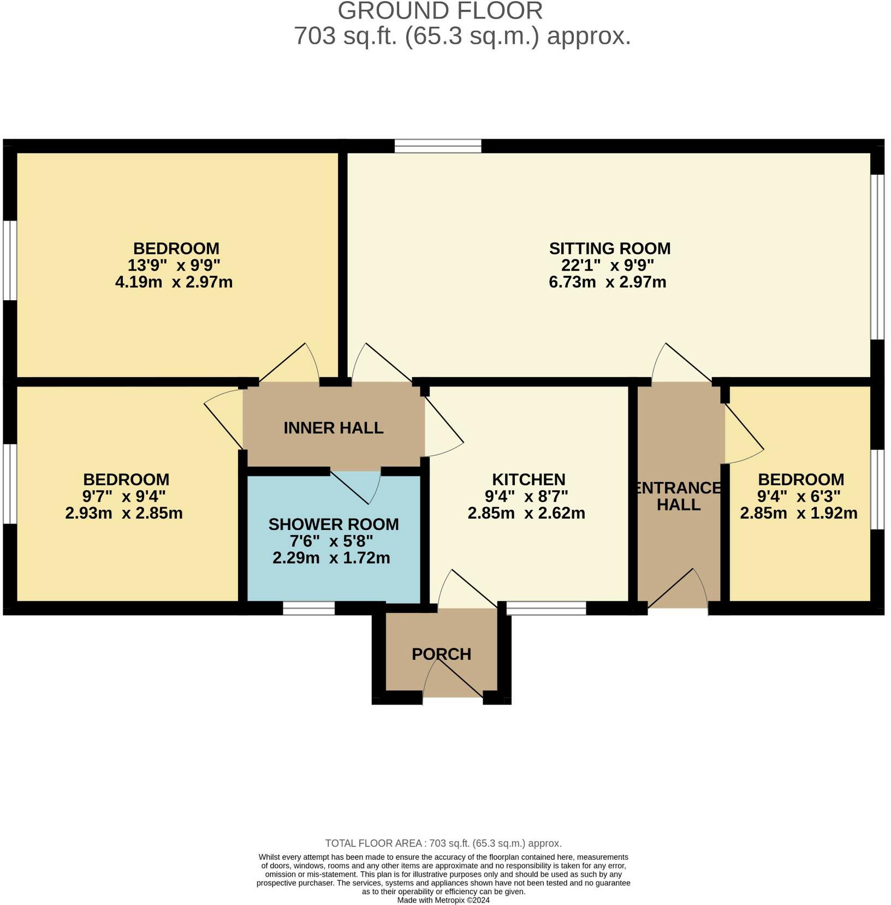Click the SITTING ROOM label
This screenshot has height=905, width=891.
point(609,248)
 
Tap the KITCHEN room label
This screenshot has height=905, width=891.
point(528,480)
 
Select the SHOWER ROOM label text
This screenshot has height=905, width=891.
point(333,525)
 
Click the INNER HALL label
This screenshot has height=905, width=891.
point(333,428)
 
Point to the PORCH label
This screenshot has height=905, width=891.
point(441,654)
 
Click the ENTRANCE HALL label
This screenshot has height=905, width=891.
point(679,496)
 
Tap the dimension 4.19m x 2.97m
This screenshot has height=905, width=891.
point(174,282)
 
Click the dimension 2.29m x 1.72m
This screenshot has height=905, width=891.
point(331,558)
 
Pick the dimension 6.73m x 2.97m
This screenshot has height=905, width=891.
point(607,282)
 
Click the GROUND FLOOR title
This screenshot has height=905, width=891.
point(440,11)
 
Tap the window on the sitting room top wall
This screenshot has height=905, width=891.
point(437,146)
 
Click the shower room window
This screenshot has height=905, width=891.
point(308,608)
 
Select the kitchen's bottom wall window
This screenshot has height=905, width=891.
point(546,608)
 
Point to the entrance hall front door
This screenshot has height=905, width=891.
point(678,590)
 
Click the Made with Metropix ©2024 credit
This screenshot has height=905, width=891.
point(443,900)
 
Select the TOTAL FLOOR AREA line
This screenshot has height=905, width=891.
point(443,843)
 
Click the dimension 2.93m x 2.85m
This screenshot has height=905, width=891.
point(124,513)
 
